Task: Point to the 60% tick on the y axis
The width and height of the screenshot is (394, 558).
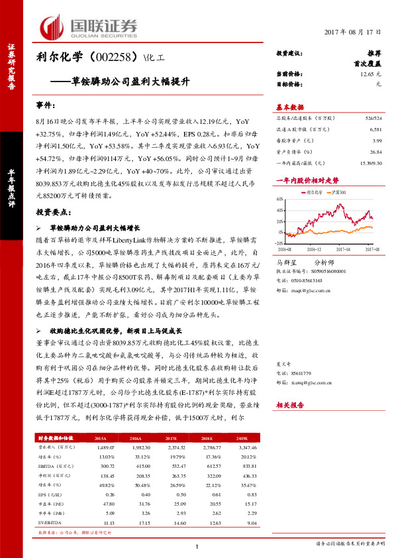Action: (281, 198)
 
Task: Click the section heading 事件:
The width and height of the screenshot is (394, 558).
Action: (45, 105)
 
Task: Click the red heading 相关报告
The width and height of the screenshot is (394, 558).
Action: (289, 404)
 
